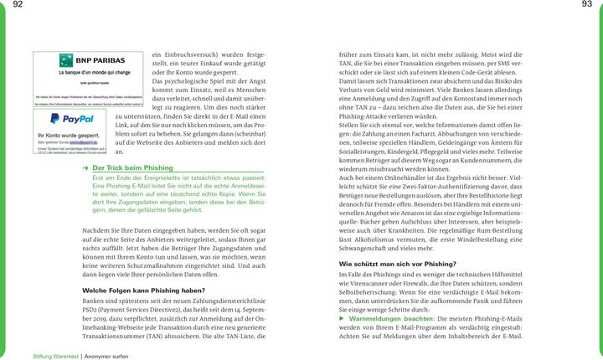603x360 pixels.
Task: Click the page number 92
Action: [x=18, y=6]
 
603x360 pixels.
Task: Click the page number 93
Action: [x=586, y=6]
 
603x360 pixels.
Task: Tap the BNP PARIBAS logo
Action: [x=91, y=61]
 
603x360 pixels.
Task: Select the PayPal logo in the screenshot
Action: [x=72, y=120]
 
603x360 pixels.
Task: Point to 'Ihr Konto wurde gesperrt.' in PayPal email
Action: [x=68, y=134]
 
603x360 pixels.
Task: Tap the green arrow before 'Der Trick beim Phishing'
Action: [x=86, y=168]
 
